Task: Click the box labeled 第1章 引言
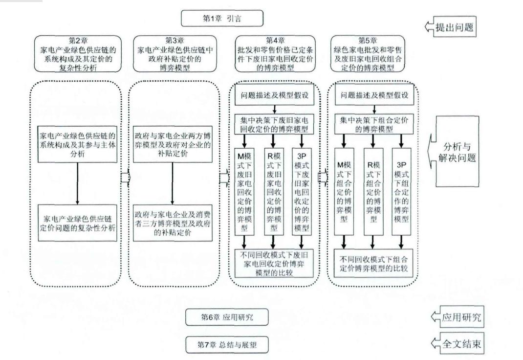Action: tap(222, 19)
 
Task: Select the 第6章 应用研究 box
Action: tap(227, 317)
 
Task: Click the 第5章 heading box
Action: tap(370, 53)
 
